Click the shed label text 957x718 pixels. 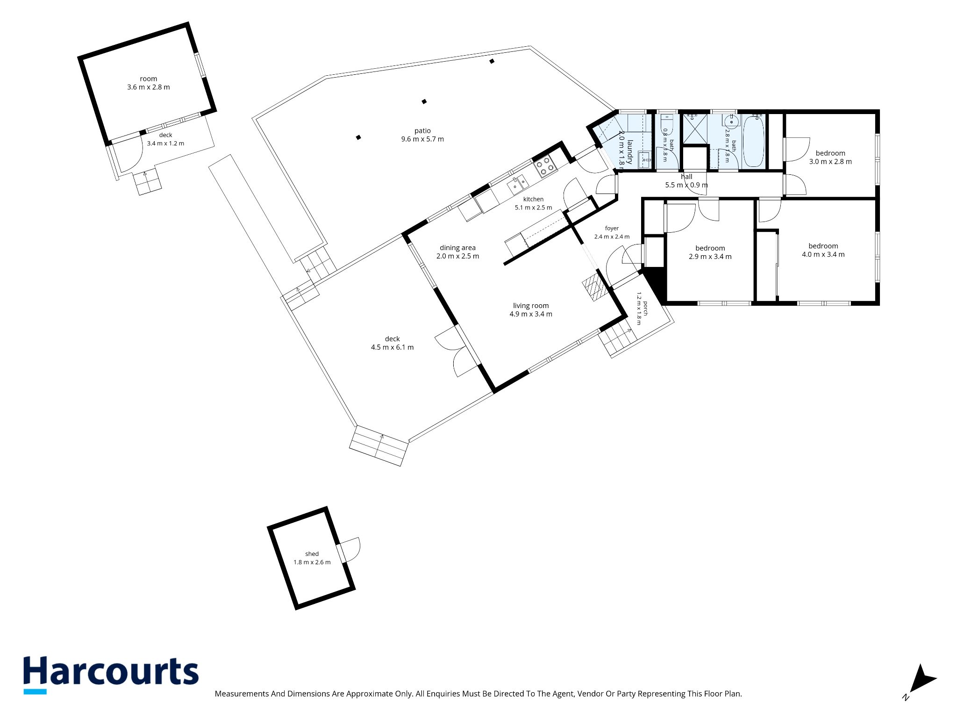[312, 554]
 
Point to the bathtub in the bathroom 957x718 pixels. [753, 141]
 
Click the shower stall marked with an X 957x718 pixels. [695, 129]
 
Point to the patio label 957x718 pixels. [422, 131]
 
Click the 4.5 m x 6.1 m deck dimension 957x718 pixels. [392, 347]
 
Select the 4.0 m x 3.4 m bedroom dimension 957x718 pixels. [823, 255]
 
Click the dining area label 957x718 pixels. [457, 248]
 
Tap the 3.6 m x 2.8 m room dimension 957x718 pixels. [149, 87]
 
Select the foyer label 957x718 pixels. [612, 229]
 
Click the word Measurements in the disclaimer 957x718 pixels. [242, 694]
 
